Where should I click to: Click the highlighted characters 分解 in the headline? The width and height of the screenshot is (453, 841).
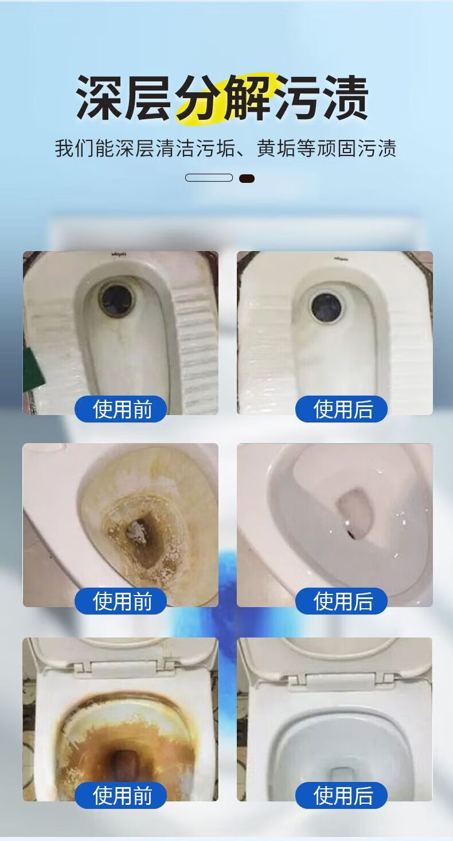[224, 97]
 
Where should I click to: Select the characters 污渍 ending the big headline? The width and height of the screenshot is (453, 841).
[322, 97]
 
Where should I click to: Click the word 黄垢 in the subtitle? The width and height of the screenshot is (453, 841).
[276, 148]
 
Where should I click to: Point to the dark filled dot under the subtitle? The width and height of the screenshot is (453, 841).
[247, 179]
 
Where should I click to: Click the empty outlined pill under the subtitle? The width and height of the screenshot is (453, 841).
[209, 178]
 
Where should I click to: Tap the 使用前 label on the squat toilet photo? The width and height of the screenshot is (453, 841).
[121, 409]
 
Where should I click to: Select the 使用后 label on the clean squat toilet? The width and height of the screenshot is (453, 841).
[341, 409]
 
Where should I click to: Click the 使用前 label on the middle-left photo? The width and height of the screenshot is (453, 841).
[121, 601]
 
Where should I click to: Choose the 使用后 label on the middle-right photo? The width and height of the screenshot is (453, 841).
[341, 601]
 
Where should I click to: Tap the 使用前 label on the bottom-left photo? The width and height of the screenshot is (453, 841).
[121, 795]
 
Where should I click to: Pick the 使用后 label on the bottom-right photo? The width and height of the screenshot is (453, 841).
[341, 795]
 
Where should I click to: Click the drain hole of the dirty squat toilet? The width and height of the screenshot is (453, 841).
[116, 300]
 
